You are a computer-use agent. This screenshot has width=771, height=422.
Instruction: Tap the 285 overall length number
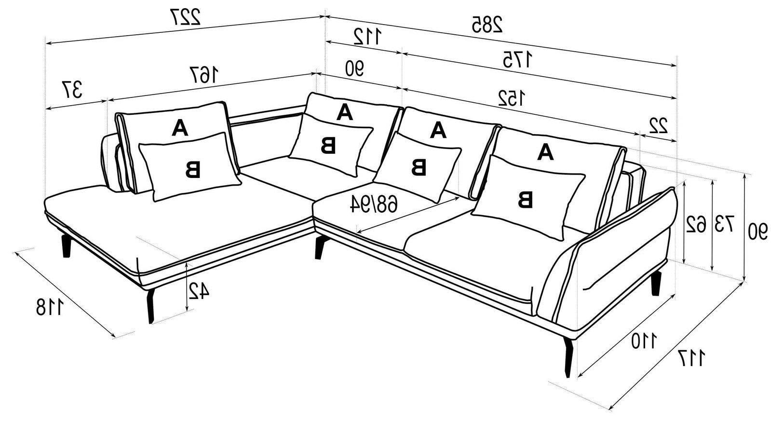coord(487,24)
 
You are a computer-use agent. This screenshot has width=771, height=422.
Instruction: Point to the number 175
coord(518,59)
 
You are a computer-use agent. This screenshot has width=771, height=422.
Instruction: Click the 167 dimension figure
coord(204,75)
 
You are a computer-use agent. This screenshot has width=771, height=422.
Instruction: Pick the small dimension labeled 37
coord(72,90)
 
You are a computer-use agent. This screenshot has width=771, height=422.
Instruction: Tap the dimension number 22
coord(659,125)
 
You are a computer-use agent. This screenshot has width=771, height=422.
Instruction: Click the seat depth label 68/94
coord(374,204)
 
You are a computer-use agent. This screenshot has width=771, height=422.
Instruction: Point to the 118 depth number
coord(50,307)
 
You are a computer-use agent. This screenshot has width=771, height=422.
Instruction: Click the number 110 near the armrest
coord(644,341)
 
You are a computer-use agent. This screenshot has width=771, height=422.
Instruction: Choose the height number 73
coord(725,224)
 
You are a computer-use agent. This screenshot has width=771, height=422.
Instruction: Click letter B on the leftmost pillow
coord(193,170)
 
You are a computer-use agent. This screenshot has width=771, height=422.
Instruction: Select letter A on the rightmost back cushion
coord(545,152)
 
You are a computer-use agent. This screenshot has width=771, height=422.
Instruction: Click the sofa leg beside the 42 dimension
coord(150,306)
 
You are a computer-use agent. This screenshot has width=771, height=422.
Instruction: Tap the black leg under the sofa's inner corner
coord(320,247)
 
